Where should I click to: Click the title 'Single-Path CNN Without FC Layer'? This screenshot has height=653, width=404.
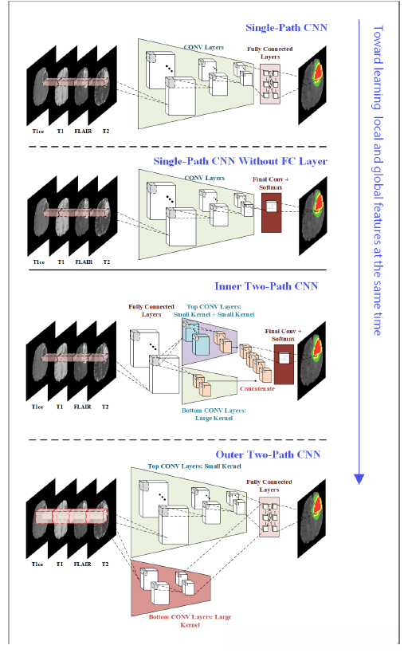coord(240,161)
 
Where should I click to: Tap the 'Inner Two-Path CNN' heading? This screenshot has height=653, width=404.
coord(266,286)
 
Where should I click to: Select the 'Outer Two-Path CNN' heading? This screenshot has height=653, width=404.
coord(268,454)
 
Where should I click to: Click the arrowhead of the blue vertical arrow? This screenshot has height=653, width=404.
coord(359,479)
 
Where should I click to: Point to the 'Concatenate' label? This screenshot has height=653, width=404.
coord(257,388)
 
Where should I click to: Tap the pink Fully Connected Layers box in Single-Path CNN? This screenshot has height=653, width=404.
coord(270,84)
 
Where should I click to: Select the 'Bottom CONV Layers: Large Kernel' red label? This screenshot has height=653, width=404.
coord(190,620)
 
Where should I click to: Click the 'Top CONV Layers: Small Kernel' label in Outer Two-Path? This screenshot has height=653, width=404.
coord(194,466)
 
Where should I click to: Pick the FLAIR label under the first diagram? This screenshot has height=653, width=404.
coord(83,132)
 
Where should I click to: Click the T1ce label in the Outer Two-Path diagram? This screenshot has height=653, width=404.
coord(37,564)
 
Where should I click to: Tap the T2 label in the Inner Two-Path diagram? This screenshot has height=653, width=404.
coord(105,407)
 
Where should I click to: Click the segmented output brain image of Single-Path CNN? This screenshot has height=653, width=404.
coord(312,85)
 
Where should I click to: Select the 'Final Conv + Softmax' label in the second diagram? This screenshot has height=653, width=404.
coord(270,183)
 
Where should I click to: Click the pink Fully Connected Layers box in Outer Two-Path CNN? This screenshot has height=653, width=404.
coord(269,517)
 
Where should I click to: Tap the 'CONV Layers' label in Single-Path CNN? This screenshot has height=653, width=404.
coord(204,48)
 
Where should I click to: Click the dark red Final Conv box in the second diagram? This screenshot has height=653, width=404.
coord(271,212)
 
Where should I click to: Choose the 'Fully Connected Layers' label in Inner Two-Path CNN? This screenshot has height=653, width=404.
coord(151,310)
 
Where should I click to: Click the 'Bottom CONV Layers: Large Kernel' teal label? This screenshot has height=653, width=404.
coord(214,414)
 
